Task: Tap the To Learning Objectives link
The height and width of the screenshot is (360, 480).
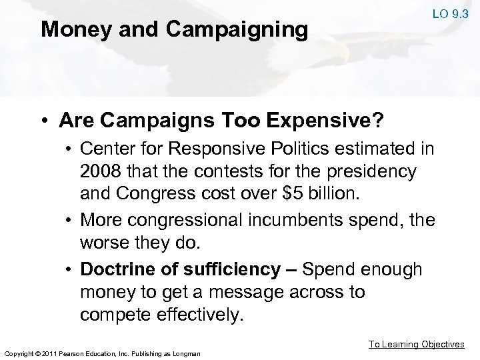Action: [416, 344]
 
